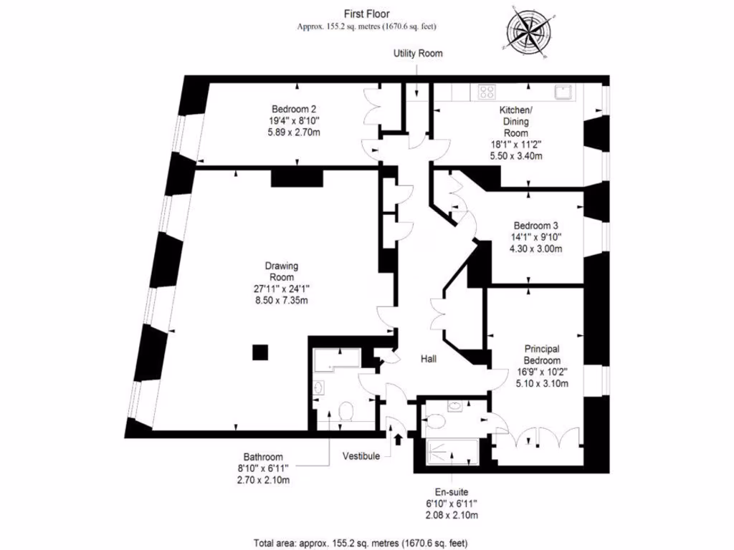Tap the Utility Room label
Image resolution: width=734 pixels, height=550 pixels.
(418, 54)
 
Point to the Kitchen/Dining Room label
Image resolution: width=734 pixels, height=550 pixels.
(515, 122)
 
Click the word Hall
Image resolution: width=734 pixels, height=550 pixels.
(429, 358)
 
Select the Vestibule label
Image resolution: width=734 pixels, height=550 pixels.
(361, 456)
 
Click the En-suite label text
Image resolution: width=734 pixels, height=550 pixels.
(452, 493)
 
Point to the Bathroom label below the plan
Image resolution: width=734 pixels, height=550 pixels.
(263, 457)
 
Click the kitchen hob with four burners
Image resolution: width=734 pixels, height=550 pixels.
(487, 91)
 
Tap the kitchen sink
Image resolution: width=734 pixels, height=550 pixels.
(563, 91)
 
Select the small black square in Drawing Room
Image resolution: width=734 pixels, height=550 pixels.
(260, 352)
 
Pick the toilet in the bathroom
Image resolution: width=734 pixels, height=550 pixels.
(346, 412)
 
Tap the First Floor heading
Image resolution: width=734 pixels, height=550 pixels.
(366, 13)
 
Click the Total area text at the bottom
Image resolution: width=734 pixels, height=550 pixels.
(361, 542)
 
